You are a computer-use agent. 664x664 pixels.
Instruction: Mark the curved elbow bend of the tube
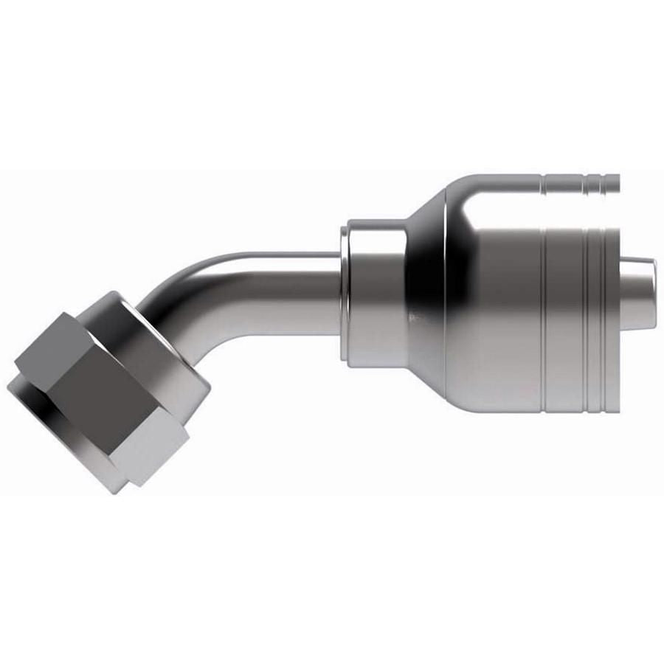196,295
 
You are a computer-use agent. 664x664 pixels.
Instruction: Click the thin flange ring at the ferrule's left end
345,295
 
